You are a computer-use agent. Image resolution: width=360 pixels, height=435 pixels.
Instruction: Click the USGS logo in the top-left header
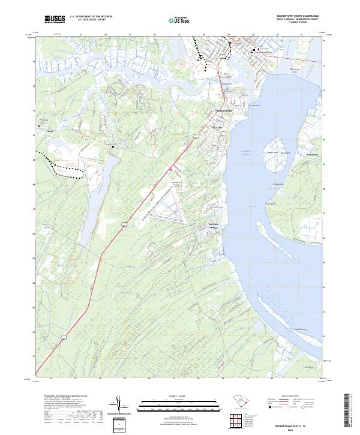tap(54, 20)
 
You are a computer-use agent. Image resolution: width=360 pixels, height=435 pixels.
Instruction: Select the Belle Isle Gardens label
tap(213, 226)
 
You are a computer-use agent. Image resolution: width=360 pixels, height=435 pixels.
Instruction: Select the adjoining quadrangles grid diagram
tap(239, 419)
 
